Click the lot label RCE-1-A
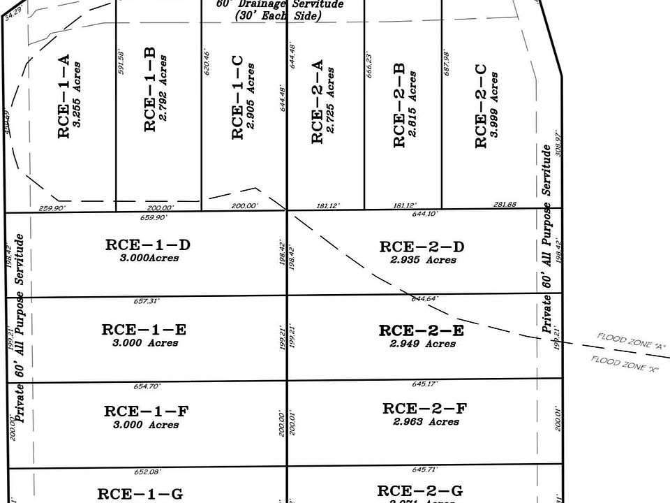64,97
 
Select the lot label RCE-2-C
480,106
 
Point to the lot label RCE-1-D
148,245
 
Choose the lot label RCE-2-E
421,331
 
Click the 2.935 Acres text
423,260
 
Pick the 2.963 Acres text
426,422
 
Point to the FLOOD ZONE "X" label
625,363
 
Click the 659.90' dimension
154,217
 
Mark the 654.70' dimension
147,386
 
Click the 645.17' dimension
425,384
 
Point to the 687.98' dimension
447,63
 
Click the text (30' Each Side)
278,15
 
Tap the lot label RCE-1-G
140,495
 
